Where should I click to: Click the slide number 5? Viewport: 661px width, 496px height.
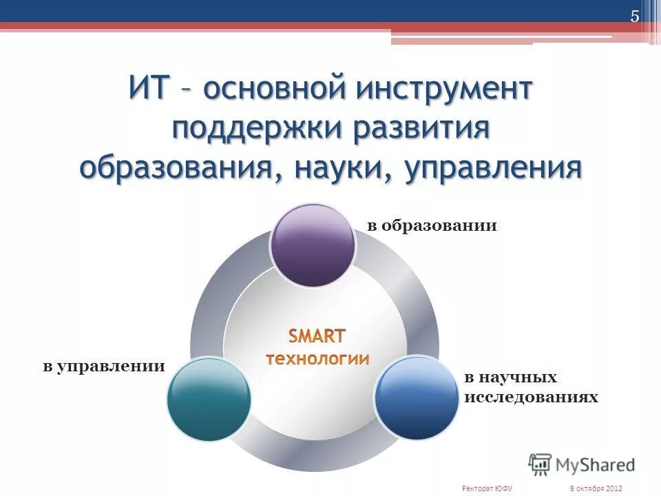pos(635,17)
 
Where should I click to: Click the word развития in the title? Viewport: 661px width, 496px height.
pos(422,130)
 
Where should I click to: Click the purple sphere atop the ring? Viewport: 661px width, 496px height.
pos(313,245)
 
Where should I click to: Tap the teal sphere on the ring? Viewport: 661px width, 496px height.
pos(209,400)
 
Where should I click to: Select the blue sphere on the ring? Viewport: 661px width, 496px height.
pos(417,398)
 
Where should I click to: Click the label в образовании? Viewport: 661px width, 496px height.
pos(432,226)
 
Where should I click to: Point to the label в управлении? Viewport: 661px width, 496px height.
pos(104,366)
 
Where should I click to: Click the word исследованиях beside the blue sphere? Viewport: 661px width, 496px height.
pos(531,397)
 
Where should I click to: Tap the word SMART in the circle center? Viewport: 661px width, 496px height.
pos(316,336)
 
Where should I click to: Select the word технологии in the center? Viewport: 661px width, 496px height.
pos(317,358)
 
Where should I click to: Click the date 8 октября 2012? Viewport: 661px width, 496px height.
pos(596,488)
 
